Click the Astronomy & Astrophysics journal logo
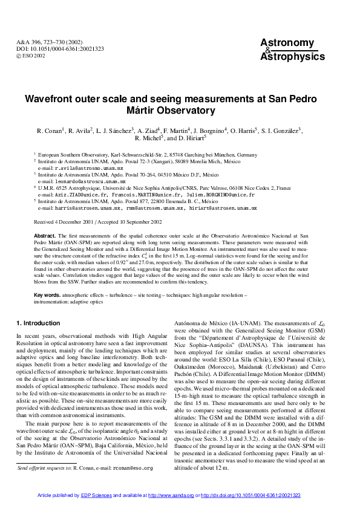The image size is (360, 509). (x=292, y=49)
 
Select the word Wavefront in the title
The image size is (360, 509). (x=50, y=99)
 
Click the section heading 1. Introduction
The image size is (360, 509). (x=41, y=323)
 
